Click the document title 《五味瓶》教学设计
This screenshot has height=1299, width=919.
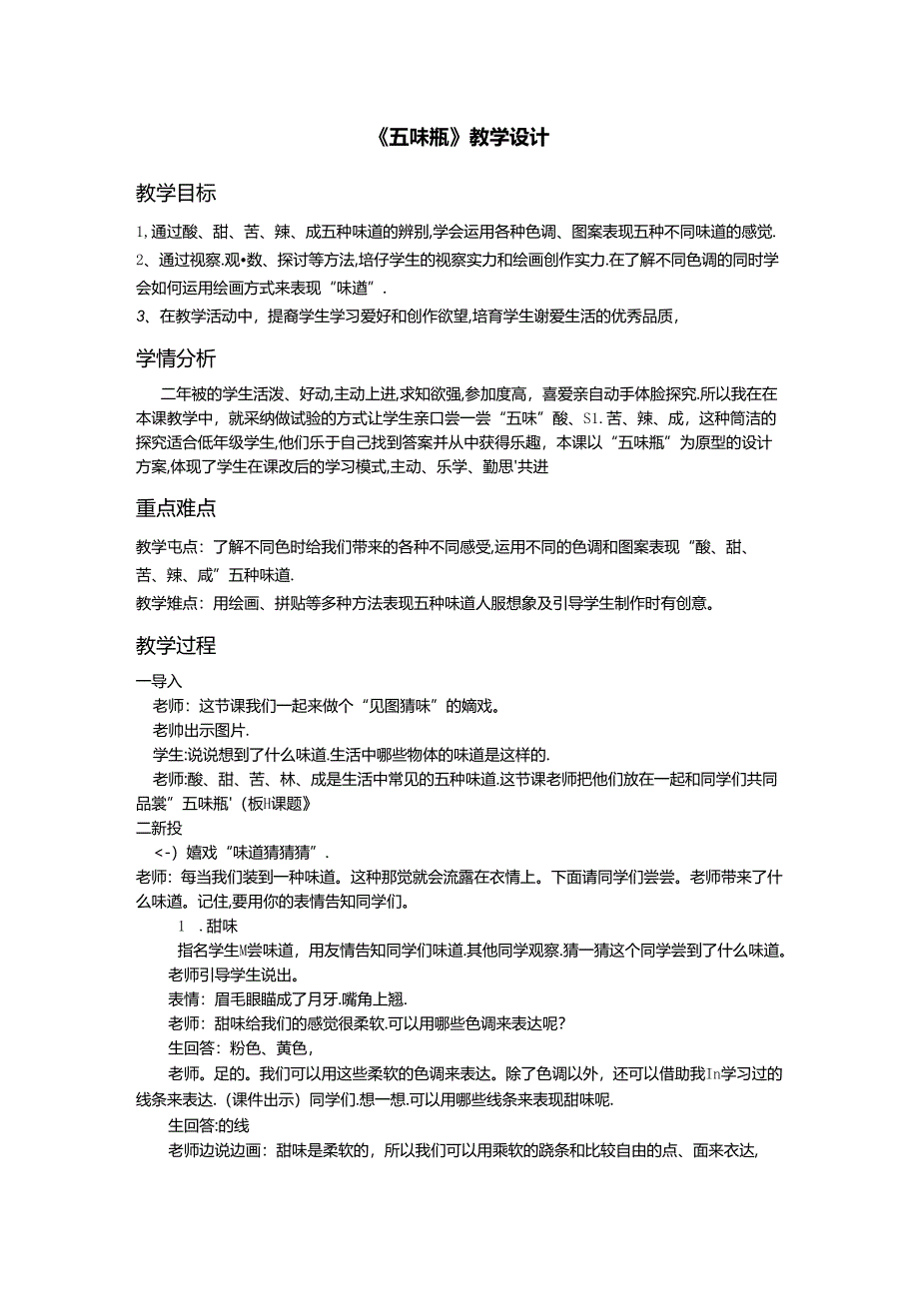(459, 138)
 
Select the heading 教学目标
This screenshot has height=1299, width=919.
(176, 193)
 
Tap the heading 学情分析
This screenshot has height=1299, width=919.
(176, 358)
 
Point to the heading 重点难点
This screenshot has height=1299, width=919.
(176, 508)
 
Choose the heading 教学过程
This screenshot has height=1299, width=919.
(176, 645)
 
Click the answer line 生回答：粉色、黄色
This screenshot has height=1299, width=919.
(241, 1048)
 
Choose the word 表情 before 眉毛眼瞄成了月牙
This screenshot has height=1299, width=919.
(185, 999)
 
